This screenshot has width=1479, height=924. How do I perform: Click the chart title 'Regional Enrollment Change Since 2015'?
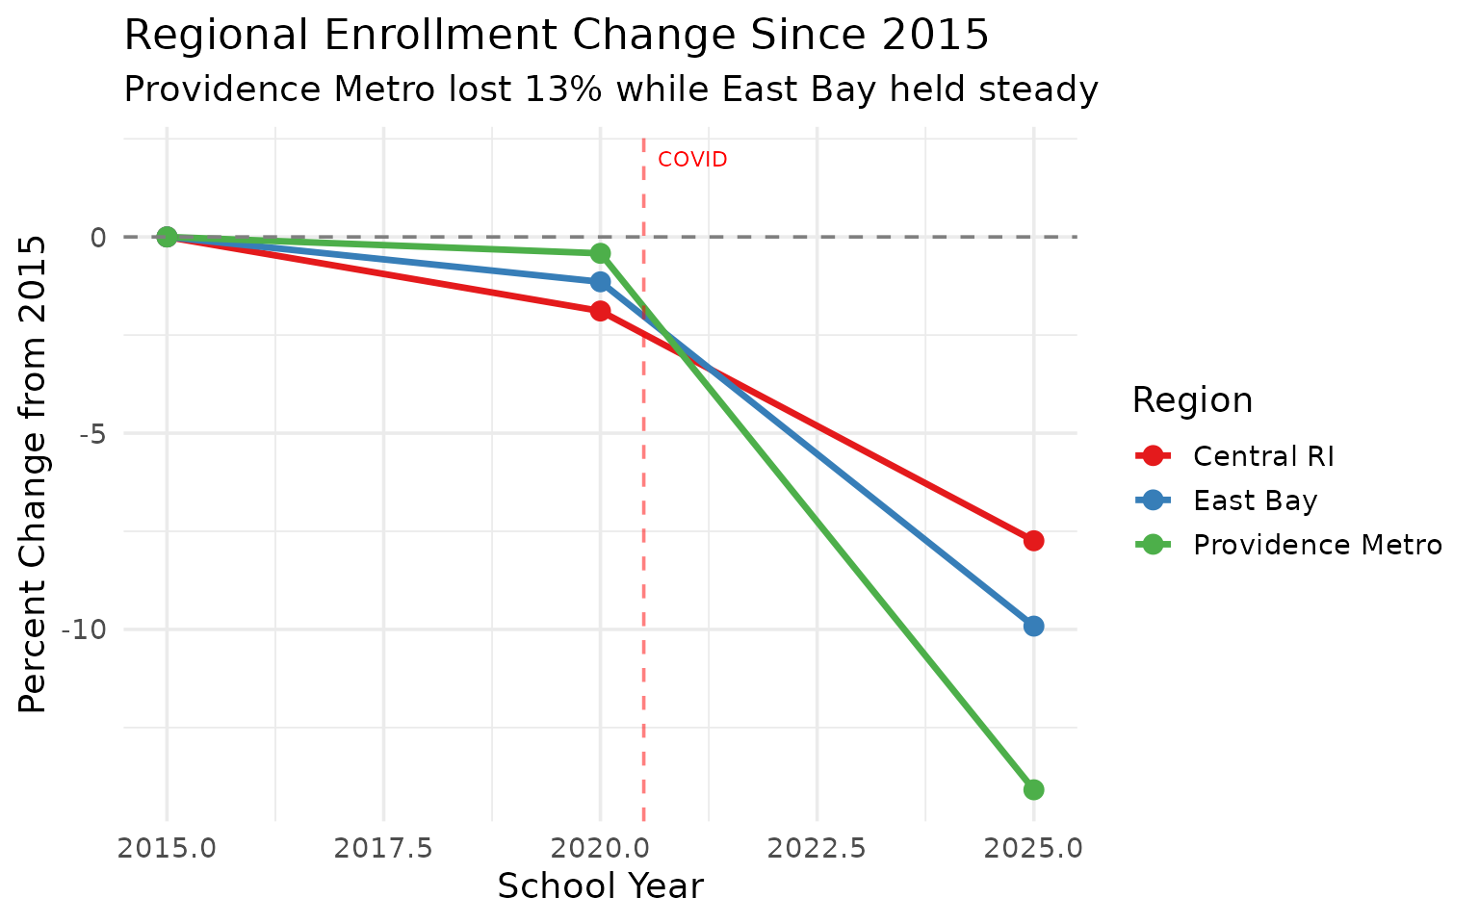point(557,37)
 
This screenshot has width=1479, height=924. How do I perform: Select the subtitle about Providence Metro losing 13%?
point(611,90)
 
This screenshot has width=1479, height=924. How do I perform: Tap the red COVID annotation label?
point(692,160)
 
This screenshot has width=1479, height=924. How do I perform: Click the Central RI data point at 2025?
point(1033,540)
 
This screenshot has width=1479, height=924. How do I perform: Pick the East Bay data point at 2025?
point(1033,626)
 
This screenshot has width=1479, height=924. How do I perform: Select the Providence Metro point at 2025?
point(1033,789)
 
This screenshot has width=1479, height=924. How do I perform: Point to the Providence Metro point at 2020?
point(600,253)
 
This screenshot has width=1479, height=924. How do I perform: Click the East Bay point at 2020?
point(600,282)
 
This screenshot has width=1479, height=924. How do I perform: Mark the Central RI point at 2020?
point(600,311)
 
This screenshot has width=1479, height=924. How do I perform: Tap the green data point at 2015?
point(167,237)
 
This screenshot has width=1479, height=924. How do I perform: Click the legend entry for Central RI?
point(1262,456)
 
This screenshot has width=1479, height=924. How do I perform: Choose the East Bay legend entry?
point(1254,500)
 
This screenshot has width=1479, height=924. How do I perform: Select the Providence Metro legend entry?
point(1316,545)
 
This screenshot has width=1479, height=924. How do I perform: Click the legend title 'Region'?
point(1192,400)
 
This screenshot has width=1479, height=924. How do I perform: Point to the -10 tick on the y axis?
point(83,629)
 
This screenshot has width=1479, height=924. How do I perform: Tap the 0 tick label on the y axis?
point(98,237)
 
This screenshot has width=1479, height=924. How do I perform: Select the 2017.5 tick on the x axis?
point(383,848)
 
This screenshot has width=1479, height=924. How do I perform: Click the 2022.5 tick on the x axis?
point(817,848)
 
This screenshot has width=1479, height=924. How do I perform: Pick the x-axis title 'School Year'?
point(600,886)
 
